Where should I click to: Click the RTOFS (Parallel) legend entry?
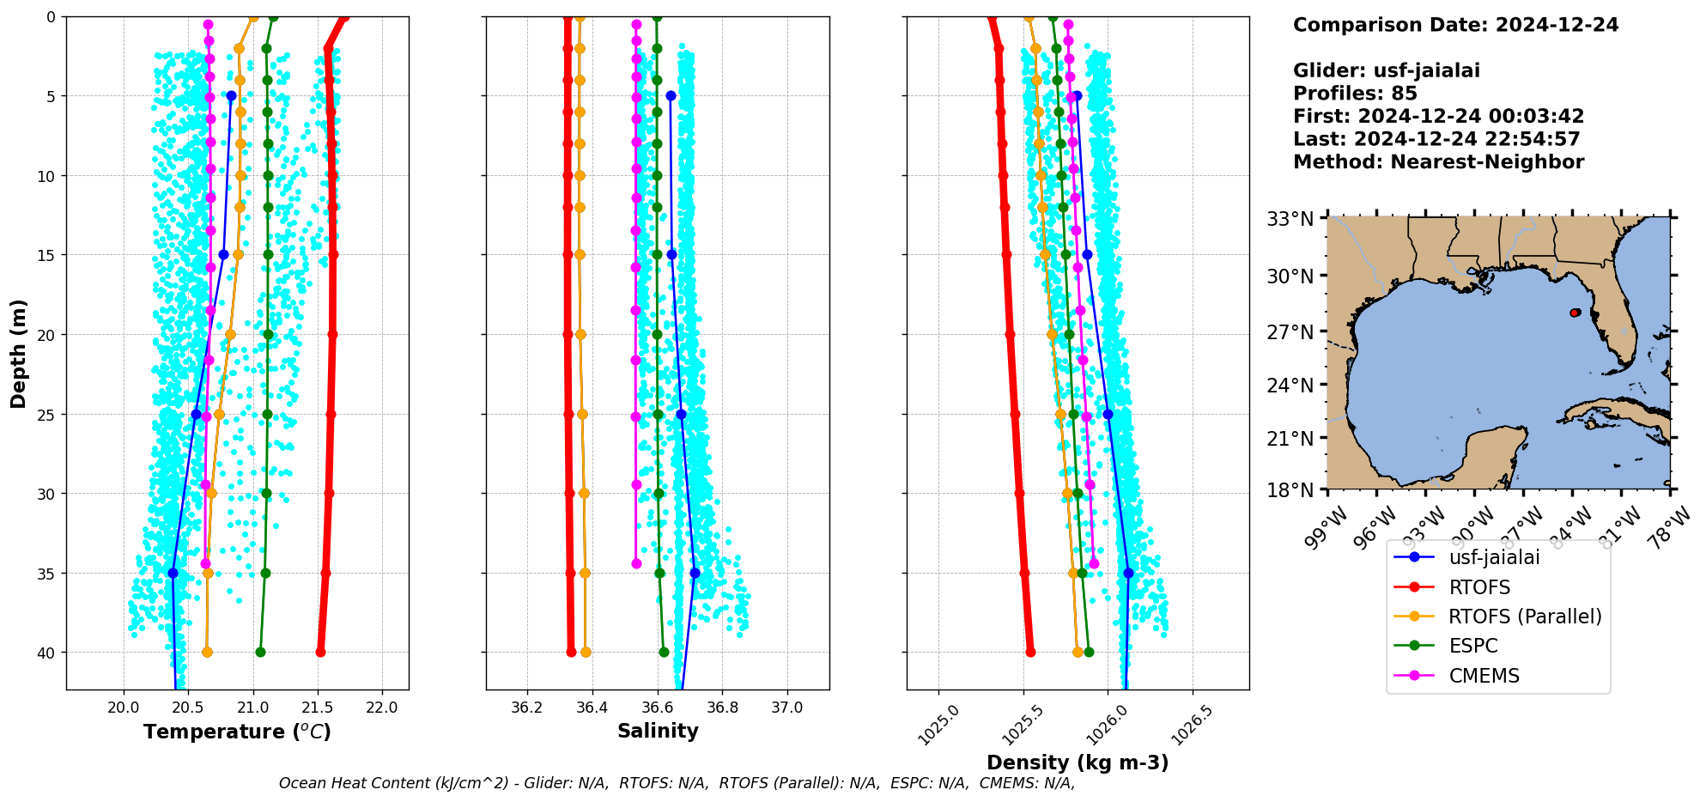1525,617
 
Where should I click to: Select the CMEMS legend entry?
1484,676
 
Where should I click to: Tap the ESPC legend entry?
1472,646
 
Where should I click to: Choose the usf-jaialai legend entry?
1494,557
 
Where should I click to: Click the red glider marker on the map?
1575,313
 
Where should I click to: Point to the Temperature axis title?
237,732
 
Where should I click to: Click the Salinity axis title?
658,731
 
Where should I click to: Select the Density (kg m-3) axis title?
1078,763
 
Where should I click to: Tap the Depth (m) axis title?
19,354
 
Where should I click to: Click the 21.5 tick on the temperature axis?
318,708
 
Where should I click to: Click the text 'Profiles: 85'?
1355,94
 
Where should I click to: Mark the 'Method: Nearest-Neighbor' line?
1438,162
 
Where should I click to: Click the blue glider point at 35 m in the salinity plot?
695,573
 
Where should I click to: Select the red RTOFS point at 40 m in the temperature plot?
320,652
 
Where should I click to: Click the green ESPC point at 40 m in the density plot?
1089,652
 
